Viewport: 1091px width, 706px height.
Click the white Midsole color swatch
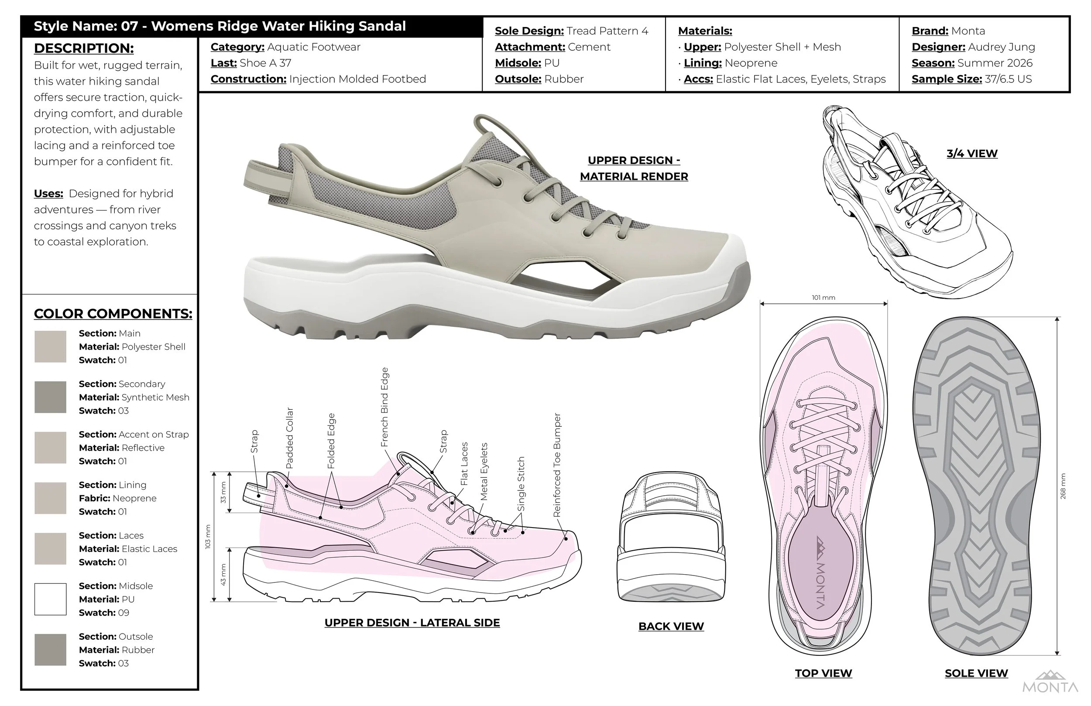pos(51,599)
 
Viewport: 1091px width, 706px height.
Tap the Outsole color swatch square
pos(51,649)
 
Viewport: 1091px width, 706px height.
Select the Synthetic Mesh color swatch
pos(51,397)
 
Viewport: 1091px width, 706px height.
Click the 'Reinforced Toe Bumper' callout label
pos(557,465)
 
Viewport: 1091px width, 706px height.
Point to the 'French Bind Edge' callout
pos(384,407)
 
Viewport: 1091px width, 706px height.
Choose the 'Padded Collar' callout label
pos(289,438)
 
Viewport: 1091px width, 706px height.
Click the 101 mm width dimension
pos(823,298)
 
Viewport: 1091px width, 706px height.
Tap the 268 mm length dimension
pos(1063,486)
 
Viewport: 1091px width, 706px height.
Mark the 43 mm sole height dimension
pos(223,574)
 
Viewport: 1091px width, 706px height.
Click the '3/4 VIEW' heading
pos(972,154)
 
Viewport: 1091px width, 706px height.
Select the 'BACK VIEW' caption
pos(671,626)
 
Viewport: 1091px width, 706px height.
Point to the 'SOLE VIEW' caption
pos(976,673)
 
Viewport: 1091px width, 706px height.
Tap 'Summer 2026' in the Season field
pos(995,63)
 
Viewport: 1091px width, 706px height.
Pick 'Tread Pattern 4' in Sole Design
pos(607,31)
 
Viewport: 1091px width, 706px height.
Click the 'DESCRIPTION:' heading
pos(84,48)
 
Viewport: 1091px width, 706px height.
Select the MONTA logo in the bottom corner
pos(1050,682)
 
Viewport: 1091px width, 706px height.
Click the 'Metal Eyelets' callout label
pos(484,471)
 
